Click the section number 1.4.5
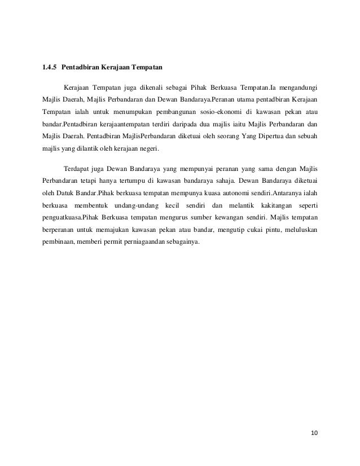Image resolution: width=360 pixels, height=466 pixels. coord(49,68)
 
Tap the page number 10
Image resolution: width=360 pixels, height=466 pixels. coord(314,433)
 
